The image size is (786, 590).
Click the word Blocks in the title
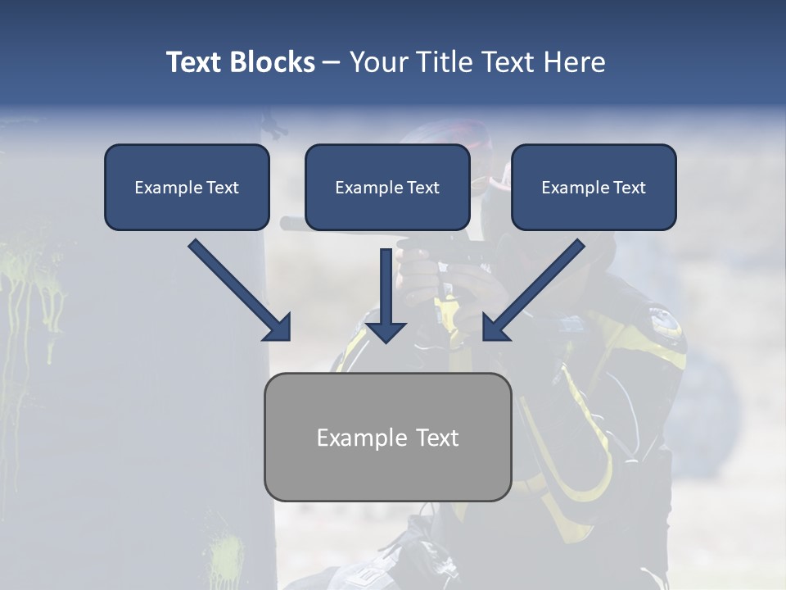coord(273,62)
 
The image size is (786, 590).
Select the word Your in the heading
coord(379,62)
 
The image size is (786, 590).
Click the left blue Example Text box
coord(187,188)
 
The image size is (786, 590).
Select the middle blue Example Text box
coord(387,188)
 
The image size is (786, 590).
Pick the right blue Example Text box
coord(594,188)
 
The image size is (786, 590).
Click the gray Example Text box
coord(387,437)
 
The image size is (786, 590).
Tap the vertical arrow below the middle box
coord(386,295)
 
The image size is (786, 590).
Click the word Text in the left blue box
coord(223,188)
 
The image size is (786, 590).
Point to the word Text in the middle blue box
coord(423,188)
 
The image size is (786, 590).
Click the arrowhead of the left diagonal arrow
coord(278,328)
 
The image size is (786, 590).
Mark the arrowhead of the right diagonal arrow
coord(495,328)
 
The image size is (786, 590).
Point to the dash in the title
coord(332,62)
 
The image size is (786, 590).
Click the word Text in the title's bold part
coord(195,62)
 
